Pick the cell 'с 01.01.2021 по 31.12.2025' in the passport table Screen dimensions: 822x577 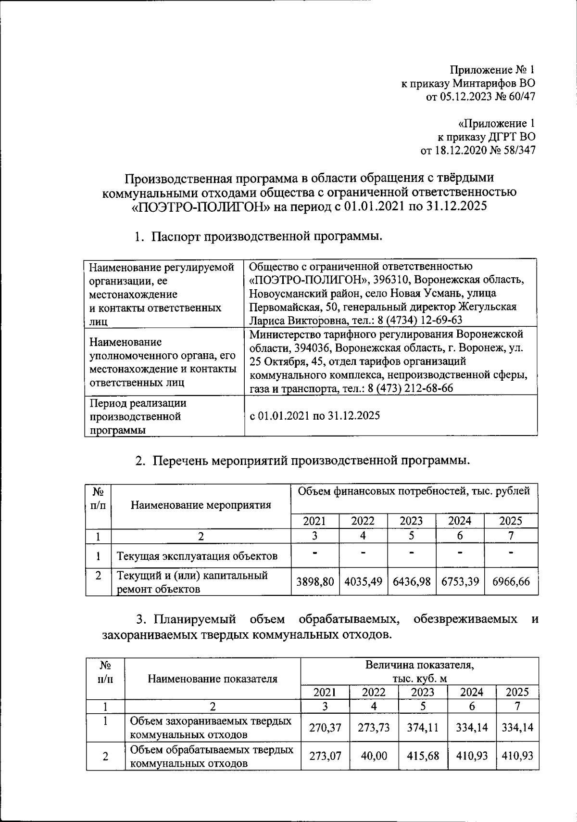coord(315,416)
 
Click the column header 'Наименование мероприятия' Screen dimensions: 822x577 coord(201,505)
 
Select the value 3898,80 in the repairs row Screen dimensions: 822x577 coord(315,581)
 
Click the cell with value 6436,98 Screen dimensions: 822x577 coord(412,581)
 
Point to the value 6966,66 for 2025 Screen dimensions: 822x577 coord(511,581)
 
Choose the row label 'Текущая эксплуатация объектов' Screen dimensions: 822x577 coord(197,556)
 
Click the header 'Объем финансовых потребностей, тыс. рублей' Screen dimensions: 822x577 coord(414,491)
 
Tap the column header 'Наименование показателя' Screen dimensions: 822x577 coord(213,679)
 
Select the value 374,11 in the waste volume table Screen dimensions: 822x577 coord(423,727)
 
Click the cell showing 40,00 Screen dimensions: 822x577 coord(374,756)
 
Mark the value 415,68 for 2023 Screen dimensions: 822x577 coord(423,756)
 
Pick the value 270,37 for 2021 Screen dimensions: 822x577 coord(325,727)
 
